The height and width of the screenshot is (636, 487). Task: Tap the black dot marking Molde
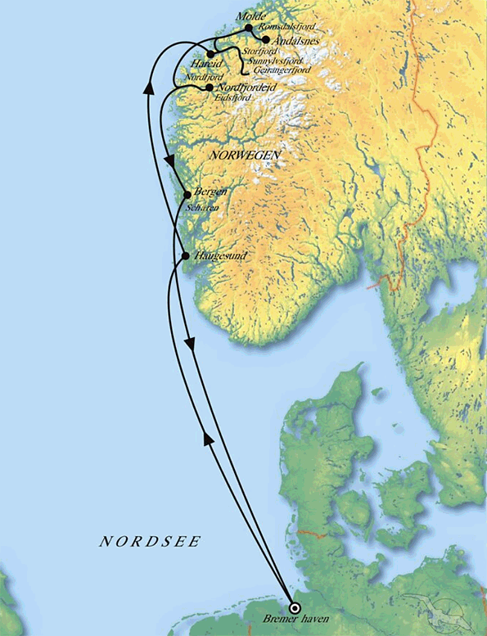(x=249, y=28)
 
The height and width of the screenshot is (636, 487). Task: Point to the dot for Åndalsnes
(x=266, y=38)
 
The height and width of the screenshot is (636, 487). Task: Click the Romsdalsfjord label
(x=286, y=27)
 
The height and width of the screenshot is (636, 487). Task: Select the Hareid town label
(x=205, y=63)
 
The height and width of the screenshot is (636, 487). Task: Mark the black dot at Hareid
(x=210, y=54)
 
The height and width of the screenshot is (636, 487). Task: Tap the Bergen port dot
(x=187, y=195)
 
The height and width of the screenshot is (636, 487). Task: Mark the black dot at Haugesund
(x=186, y=256)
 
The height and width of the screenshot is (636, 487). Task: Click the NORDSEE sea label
(x=150, y=542)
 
